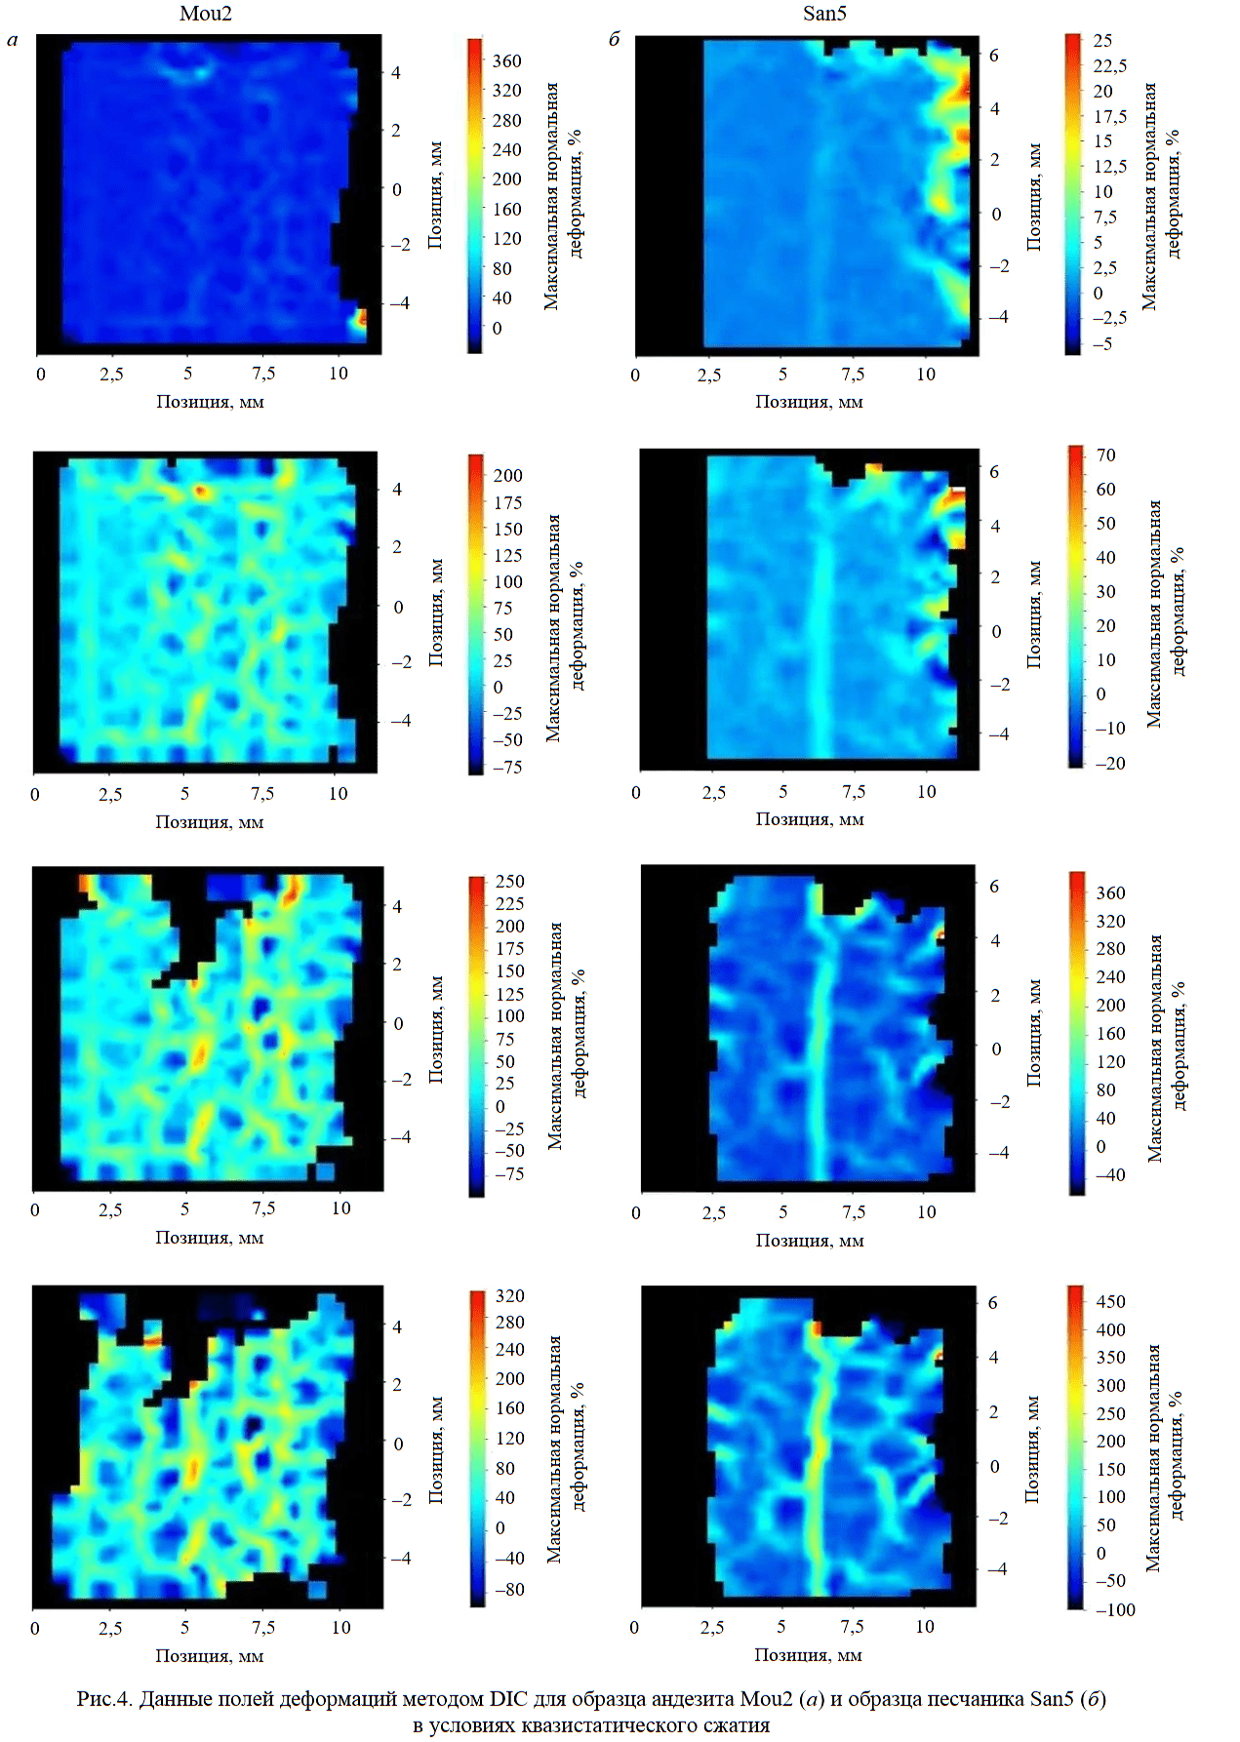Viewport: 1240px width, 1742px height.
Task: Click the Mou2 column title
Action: [206, 14]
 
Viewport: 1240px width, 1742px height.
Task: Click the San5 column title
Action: [824, 14]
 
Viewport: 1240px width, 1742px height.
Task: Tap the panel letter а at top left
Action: [13, 41]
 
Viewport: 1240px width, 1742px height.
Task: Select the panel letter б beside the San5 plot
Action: [614, 41]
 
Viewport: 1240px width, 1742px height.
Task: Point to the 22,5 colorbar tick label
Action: [1109, 65]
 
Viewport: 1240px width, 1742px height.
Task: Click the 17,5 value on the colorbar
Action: [1109, 116]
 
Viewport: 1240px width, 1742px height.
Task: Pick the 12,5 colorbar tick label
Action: [1109, 167]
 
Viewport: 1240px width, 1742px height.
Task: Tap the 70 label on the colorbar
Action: [1105, 455]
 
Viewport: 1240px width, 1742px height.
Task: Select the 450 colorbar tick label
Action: [1110, 1302]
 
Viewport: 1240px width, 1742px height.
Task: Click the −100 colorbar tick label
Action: [1115, 1609]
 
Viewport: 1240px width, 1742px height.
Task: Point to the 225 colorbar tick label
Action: [509, 904]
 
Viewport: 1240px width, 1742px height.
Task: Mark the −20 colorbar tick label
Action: [1109, 763]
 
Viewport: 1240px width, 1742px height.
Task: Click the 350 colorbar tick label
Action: [1110, 1358]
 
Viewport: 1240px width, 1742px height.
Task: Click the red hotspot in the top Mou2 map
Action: [361, 317]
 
